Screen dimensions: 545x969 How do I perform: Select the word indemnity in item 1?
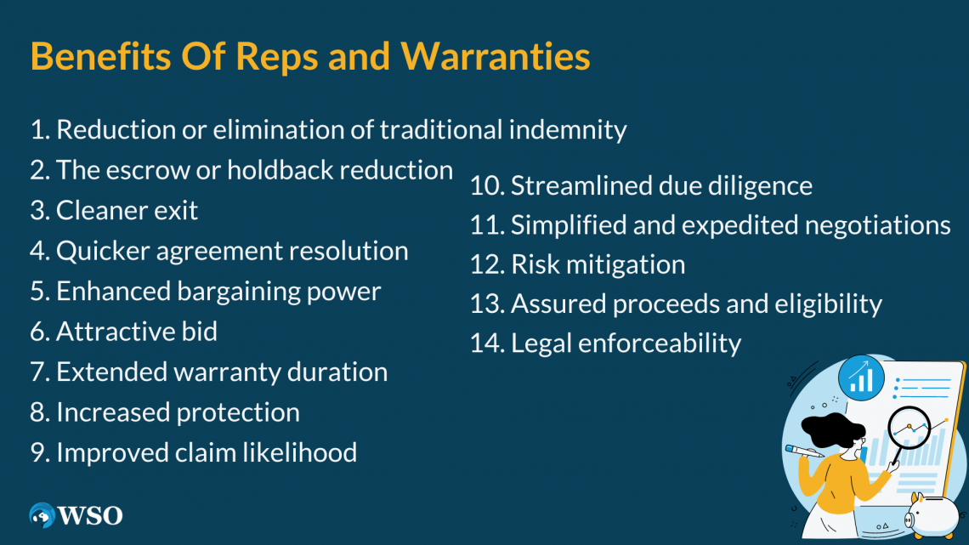(568, 130)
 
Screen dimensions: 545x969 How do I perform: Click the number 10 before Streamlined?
(487, 185)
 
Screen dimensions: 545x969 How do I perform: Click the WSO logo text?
(90, 515)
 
